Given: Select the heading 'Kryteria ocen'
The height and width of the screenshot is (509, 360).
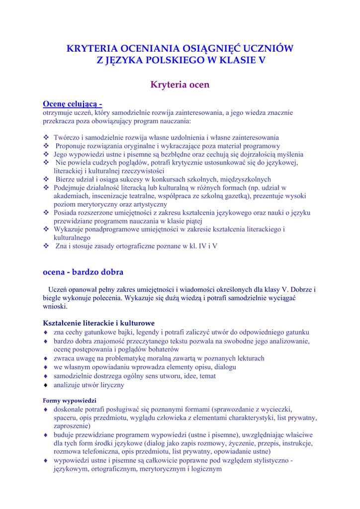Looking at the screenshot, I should [x=180, y=85].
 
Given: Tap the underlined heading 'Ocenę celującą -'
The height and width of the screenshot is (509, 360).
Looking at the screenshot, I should [x=73, y=104].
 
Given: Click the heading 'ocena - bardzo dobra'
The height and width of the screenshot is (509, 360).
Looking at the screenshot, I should [x=83, y=272].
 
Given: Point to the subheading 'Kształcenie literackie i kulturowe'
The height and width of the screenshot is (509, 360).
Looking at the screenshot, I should [x=99, y=323].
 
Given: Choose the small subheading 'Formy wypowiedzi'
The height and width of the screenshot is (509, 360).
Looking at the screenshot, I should [x=70, y=400].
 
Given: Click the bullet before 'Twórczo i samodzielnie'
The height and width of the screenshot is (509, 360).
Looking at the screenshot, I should [x=46, y=137].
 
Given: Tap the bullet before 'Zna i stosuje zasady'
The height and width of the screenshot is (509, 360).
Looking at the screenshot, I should [x=46, y=246].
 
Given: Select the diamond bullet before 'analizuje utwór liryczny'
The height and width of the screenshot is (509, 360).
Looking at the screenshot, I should [x=46, y=385].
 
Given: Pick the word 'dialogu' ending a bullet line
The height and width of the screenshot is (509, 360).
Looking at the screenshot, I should [x=225, y=367].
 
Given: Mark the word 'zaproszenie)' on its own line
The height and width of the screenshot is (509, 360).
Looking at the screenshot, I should [x=72, y=426].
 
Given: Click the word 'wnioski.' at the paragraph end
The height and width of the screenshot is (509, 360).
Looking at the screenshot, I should [x=55, y=306].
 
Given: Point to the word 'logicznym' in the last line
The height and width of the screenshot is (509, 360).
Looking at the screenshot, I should [x=205, y=468].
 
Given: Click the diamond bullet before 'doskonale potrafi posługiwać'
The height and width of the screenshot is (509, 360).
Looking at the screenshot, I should [x=46, y=409].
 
